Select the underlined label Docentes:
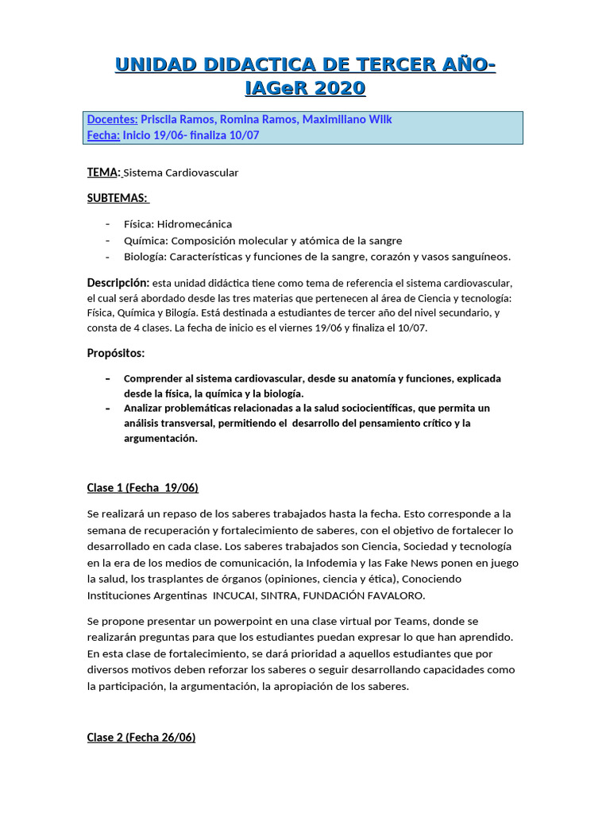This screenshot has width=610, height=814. (112, 119)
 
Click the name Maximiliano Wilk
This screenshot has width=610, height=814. (350, 119)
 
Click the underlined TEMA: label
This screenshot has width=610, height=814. (103, 172)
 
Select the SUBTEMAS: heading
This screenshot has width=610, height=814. (118, 198)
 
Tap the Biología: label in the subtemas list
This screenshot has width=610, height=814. (145, 256)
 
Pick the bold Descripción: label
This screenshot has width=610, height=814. (118, 283)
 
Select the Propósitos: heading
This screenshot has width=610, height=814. (115, 353)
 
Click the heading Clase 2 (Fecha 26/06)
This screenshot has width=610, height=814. (141, 737)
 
